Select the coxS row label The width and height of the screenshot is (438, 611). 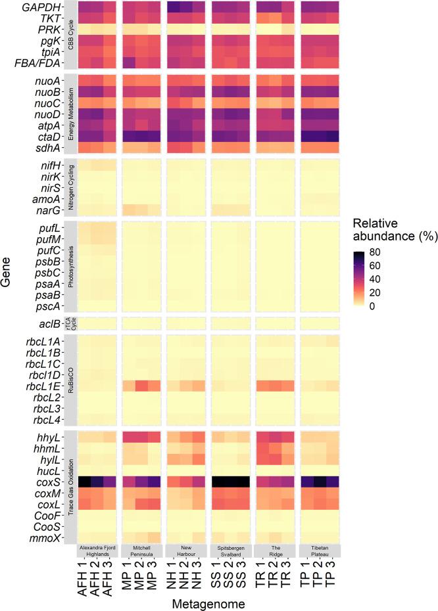(56, 482)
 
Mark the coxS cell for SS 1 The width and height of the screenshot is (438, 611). (219, 482)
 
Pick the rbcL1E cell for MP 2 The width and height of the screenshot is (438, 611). (142, 386)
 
